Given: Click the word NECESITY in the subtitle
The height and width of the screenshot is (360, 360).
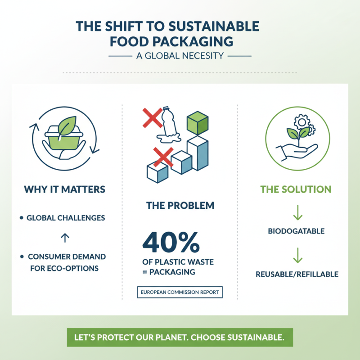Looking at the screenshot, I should (x=203, y=56).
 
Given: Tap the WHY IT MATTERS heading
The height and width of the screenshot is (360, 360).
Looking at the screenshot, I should (x=64, y=189).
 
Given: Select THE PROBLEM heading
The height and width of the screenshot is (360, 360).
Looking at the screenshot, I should (x=180, y=206).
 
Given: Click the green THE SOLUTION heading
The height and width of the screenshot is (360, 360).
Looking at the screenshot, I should (x=296, y=189).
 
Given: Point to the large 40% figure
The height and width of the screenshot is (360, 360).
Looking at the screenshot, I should (x=171, y=243).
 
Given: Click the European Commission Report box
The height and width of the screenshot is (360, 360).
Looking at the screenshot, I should (x=180, y=292).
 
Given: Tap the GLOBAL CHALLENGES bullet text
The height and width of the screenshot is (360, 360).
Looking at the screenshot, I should (x=66, y=218).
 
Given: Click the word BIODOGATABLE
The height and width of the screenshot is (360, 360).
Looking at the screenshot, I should (x=296, y=231).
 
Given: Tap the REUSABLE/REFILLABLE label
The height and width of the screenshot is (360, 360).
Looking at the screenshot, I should (x=297, y=274).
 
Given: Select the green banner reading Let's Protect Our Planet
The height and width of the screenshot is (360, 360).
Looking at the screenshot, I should (x=180, y=337).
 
